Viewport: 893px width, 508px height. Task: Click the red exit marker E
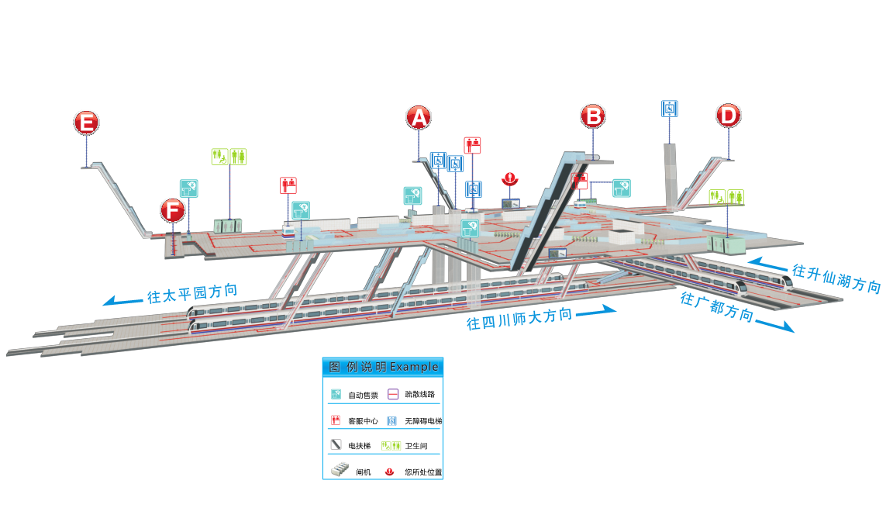pos(87,123)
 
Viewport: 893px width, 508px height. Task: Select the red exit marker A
pos(419,117)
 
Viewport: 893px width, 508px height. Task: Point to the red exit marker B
pos(593,116)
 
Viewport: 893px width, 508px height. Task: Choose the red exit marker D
pos(728,116)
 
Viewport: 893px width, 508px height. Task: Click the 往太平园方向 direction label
pos(191,294)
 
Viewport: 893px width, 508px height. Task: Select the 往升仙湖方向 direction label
pos(836,278)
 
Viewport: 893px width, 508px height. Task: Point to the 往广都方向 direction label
pos(716,306)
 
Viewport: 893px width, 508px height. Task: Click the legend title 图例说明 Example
pos(383,366)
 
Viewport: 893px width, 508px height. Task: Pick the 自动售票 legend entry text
pos(363,396)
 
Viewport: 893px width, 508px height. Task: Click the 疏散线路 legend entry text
pos(420,395)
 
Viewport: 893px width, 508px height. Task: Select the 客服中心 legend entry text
pos(363,421)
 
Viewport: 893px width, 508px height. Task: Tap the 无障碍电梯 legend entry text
pos(422,421)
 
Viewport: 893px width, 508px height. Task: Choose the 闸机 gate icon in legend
pos(340,470)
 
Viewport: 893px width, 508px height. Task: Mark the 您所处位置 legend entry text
pos(423,472)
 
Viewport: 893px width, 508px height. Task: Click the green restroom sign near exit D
pos(727,196)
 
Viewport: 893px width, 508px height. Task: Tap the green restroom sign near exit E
pos(229,157)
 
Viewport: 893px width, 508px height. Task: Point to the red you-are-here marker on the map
pos(509,178)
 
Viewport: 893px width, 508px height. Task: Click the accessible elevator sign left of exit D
pos(670,109)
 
